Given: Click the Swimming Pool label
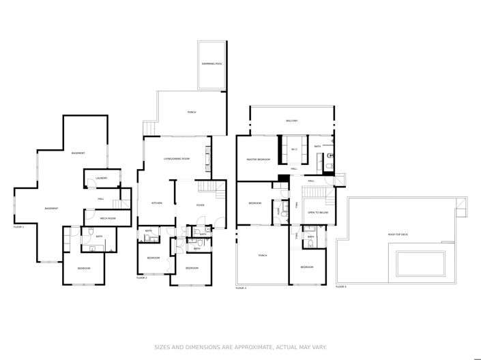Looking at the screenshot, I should (212, 63).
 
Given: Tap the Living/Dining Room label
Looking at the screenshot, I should (176, 159).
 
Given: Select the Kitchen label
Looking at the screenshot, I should (156, 203).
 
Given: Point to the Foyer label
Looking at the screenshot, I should (200, 205).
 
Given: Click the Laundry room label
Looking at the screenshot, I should (101, 179).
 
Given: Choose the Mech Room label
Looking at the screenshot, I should (108, 218).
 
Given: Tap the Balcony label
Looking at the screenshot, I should (292, 121).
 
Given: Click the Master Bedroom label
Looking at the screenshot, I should (259, 160).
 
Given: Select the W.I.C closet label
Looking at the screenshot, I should (294, 149).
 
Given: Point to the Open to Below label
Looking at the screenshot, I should (315, 213).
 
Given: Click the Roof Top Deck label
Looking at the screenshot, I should (398, 235).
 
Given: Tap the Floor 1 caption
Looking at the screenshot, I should (18, 226).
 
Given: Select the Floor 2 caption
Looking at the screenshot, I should (142, 278).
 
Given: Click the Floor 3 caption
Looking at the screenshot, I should (241, 288).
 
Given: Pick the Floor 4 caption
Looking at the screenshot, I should (340, 287).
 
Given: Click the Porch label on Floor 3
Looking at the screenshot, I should (262, 256).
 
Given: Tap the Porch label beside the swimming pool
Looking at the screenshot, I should (192, 112).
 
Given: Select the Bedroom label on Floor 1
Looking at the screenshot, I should (83, 268).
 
